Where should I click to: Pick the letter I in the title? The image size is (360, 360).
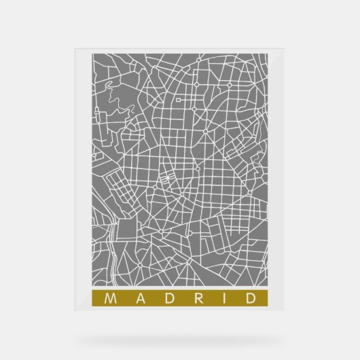(x=223, y=298)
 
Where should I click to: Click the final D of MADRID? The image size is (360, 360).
(x=252, y=298)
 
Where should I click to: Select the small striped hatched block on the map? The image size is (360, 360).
(x=167, y=179)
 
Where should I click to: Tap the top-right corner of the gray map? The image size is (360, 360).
(x=270, y=56)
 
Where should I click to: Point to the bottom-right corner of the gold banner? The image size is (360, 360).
(x=270, y=306)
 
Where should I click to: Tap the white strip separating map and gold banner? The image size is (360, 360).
(x=180, y=288)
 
